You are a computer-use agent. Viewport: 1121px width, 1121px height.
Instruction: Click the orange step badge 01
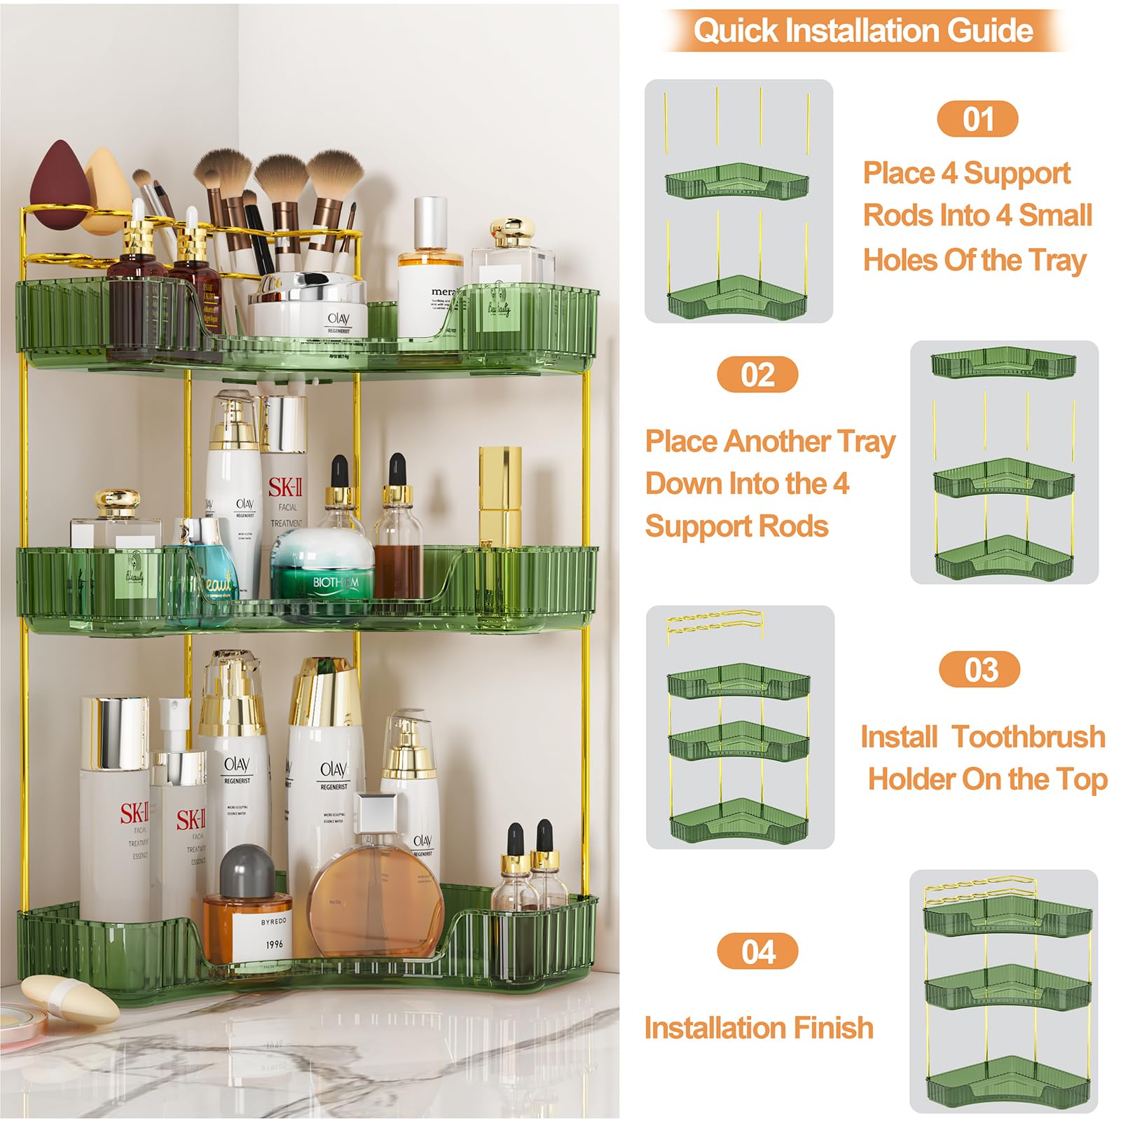[x=977, y=119]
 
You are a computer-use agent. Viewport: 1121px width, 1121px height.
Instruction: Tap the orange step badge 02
[x=757, y=375]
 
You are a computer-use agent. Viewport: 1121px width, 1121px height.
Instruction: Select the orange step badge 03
[x=979, y=670]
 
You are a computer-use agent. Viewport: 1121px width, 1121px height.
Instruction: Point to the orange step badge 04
[x=757, y=951]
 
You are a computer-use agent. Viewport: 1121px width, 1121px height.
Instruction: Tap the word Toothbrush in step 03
[x=1029, y=737]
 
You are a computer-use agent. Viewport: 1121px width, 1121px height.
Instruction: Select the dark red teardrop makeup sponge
[x=58, y=184]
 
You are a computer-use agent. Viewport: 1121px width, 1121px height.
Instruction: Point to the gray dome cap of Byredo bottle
[x=247, y=869]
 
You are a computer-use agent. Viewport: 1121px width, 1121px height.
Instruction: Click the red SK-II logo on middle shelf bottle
[x=285, y=488]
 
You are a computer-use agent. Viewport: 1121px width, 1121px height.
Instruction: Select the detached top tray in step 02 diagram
[x=1003, y=363]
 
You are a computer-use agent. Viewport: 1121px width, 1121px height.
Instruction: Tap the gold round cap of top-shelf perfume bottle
[x=512, y=231]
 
